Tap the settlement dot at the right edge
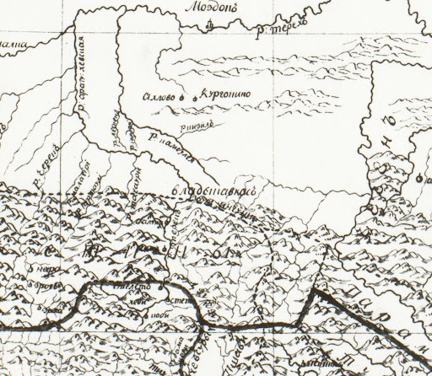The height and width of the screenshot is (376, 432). pyautogui.click(x=419, y=178)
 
